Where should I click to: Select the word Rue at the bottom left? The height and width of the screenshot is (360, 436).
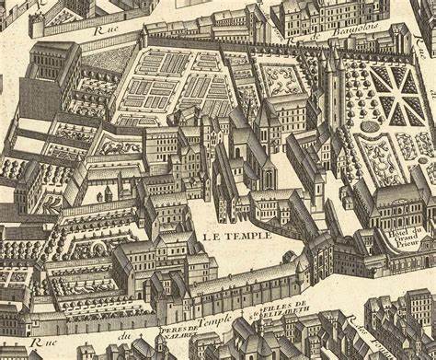(x=35, y=342)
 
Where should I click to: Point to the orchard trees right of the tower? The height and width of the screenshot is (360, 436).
(x=350, y=147)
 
